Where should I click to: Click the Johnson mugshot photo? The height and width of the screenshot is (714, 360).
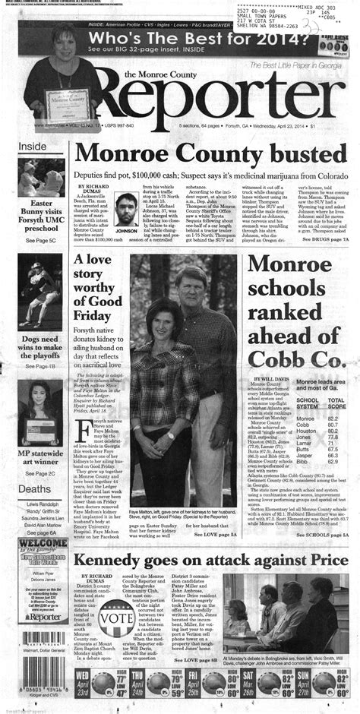coord(128,208)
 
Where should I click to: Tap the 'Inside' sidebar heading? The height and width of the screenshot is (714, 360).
coord(33,146)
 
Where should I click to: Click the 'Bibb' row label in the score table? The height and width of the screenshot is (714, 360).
coord(302,461)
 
